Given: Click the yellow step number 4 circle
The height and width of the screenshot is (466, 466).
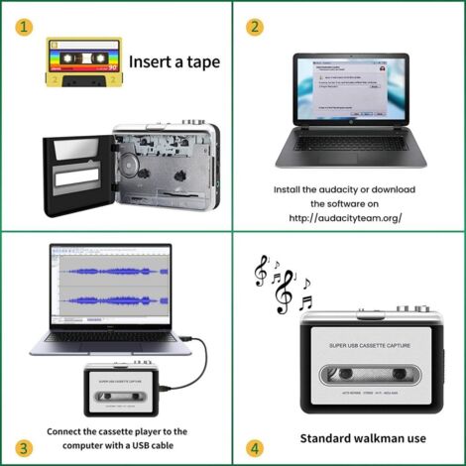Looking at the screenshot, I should point(256,447).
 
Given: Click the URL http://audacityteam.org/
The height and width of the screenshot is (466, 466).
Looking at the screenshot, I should point(346,217).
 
